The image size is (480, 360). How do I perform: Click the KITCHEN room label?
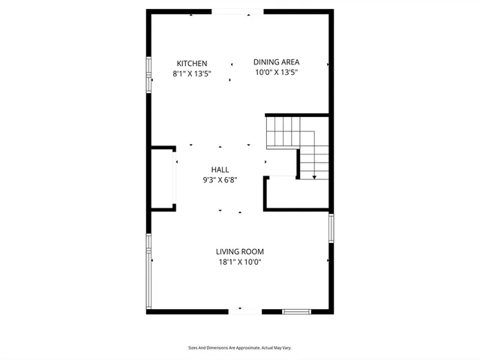point(192,63)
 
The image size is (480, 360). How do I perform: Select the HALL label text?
point(220,170)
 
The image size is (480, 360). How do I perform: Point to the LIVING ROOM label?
point(240,252)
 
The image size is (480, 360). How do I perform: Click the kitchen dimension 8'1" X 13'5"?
point(192,73)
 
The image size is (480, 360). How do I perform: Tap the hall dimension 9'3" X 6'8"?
point(220,180)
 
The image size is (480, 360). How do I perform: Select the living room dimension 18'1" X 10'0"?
point(240,262)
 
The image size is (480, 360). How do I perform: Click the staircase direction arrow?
point(314,175)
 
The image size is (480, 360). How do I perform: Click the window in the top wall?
point(237,11)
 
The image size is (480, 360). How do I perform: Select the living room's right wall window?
point(331,227)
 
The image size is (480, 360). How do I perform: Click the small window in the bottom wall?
point(296,310)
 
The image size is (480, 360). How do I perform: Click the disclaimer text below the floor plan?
point(239,348)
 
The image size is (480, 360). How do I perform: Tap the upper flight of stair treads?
point(283,131)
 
